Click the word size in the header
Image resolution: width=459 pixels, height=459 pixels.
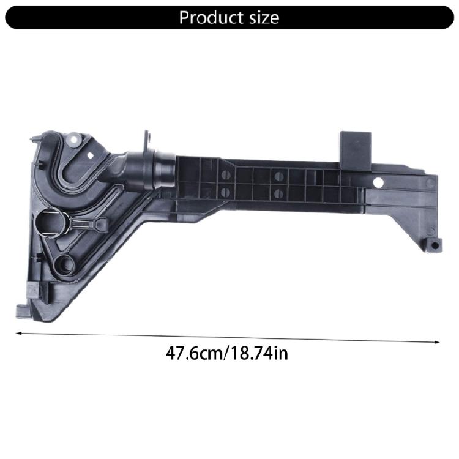tap(263, 17)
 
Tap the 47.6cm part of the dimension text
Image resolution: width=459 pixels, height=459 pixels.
tap(193, 353)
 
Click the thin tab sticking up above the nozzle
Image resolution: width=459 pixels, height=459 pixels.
tap(147, 143)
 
